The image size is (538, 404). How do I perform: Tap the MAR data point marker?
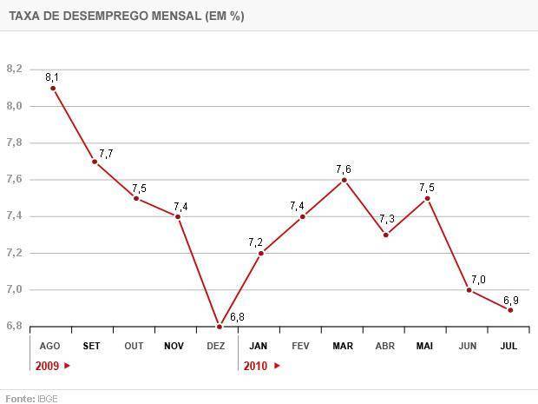tap(344, 180)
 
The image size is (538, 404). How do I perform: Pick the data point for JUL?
tap(510, 310)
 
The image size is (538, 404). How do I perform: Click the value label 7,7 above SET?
tap(106, 154)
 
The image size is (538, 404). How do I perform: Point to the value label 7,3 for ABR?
tap(387, 218)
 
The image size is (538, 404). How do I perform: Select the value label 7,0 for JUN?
tap(478, 279)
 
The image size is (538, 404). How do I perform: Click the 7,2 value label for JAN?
tap(255, 242)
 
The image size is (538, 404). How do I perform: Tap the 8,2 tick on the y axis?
tap(14, 69)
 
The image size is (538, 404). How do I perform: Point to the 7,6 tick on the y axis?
tap(14, 180)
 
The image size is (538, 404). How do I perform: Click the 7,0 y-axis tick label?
tap(14, 290)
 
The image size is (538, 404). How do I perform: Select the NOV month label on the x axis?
tap(174, 346)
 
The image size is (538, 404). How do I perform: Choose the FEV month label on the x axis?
tap(300, 346)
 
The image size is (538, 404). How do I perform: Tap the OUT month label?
tap(134, 346)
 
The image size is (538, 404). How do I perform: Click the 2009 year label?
tap(48, 366)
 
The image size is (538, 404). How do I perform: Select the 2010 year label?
tap(255, 366)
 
